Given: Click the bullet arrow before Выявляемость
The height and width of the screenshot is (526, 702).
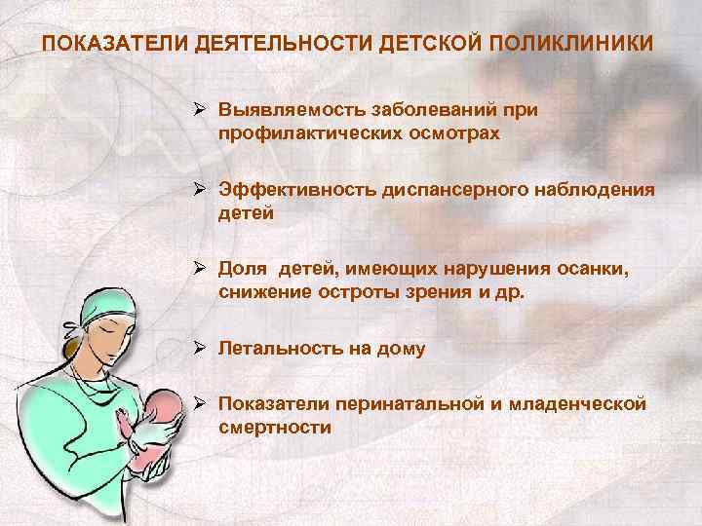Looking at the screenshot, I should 199,110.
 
